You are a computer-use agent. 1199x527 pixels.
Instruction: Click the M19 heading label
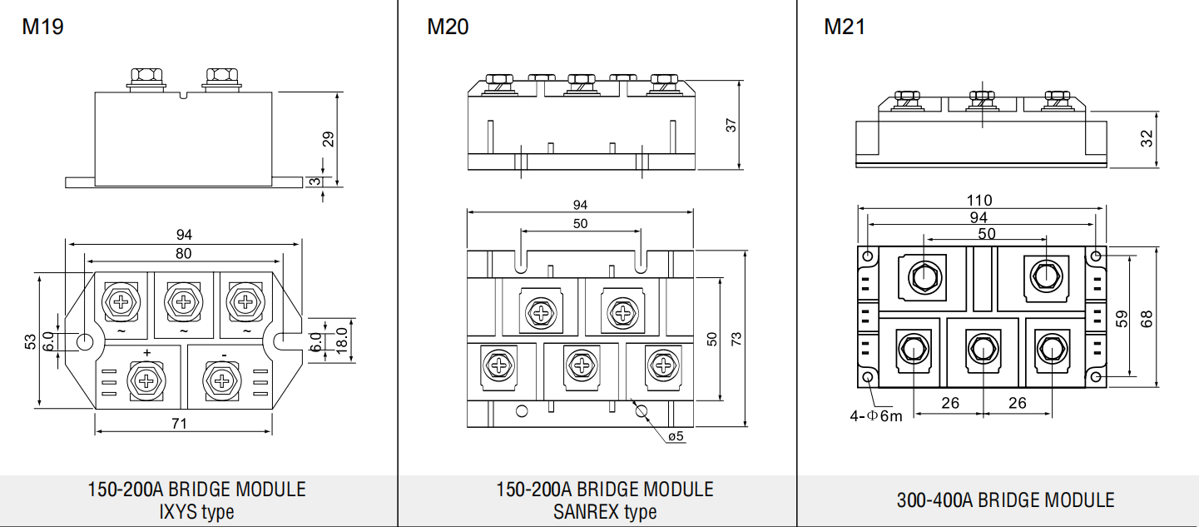42,27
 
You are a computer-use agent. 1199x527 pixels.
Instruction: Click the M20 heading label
448,27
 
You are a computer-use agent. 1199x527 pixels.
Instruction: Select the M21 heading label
845,27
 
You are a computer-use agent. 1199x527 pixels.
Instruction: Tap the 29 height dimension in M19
328,137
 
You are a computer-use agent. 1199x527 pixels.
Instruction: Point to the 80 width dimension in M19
183,253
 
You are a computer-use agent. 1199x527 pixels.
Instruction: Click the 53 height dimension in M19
31,341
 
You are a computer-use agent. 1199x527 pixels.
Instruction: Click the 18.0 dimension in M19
341,341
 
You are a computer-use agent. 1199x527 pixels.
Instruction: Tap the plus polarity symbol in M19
147,353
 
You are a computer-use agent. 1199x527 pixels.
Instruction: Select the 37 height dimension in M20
731,125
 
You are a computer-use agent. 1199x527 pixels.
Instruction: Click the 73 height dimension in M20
736,338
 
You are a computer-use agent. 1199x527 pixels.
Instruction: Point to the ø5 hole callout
676,436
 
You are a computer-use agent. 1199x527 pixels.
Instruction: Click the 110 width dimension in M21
979,201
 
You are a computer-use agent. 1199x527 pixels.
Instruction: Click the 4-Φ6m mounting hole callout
875,415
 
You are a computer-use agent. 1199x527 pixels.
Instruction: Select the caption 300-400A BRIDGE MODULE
1005,500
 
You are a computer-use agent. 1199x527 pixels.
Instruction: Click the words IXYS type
196,512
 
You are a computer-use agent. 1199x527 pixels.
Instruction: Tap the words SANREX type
605,512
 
